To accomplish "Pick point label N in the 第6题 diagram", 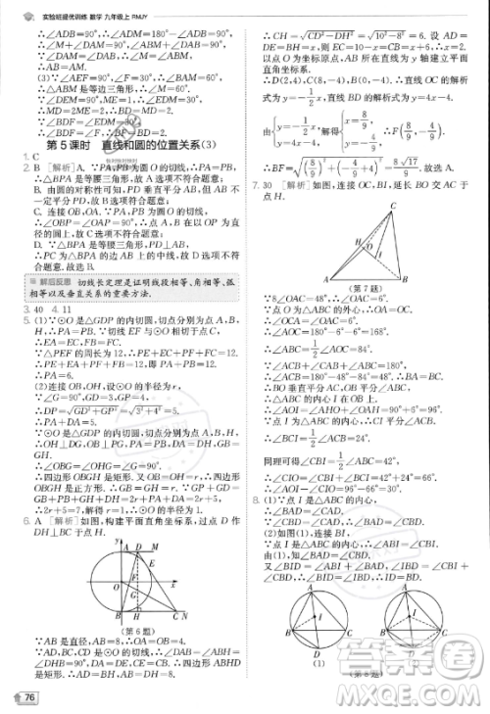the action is [x=183, y=615].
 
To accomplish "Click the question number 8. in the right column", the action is [x=257, y=500].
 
